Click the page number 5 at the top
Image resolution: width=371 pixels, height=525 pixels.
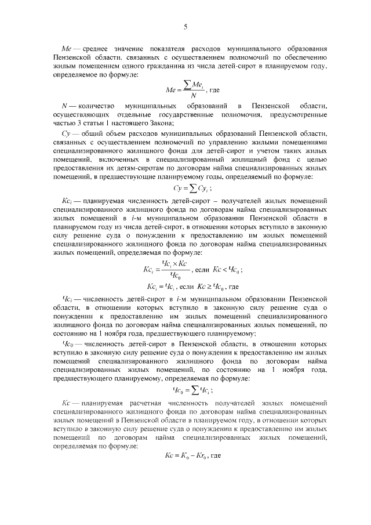(185, 27)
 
